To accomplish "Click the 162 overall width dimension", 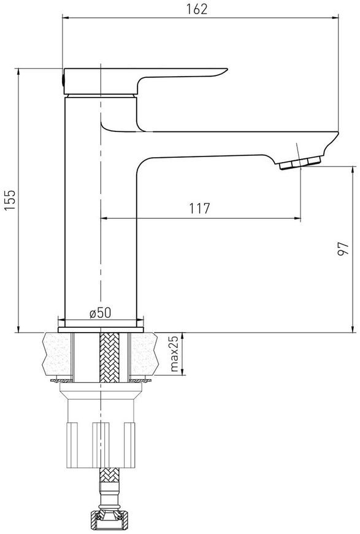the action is (x=197, y=9).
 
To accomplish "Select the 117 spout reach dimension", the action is (x=200, y=208).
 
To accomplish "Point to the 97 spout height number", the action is (x=343, y=249).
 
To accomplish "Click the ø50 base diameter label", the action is (x=100, y=312).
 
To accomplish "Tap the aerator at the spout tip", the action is (x=300, y=163).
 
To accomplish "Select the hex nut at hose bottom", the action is (x=109, y=522).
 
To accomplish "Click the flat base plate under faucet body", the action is (x=101, y=330).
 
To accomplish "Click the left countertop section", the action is (x=56, y=354).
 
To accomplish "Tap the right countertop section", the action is (x=145, y=354).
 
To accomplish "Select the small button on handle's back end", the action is (x=63, y=80).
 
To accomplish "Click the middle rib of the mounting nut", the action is (x=101, y=445).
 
